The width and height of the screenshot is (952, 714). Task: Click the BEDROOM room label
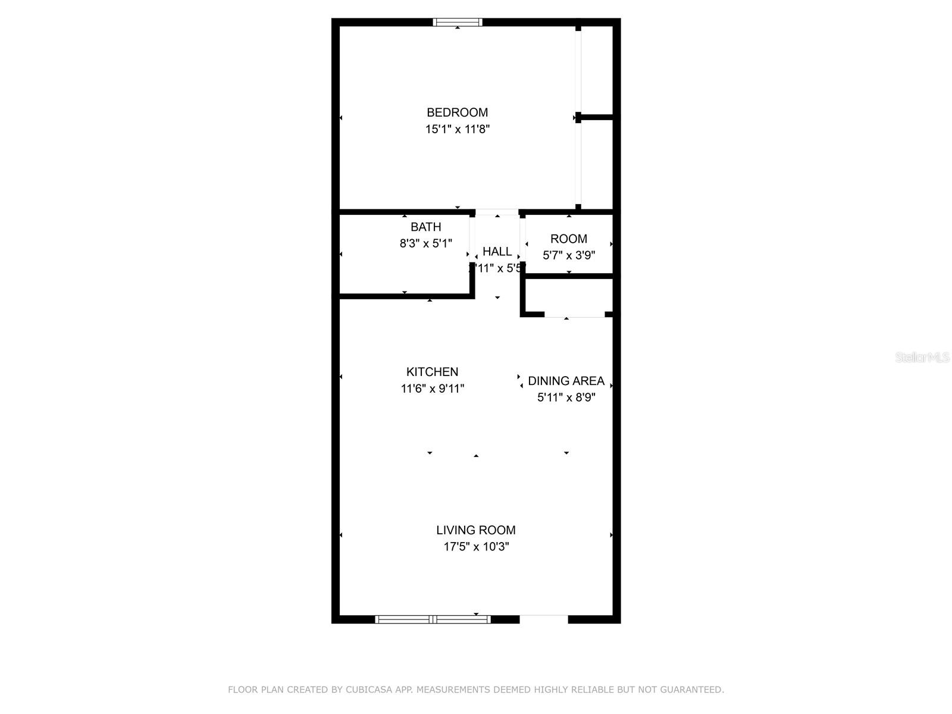pos(457,112)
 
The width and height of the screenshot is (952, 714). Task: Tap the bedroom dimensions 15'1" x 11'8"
pos(457,129)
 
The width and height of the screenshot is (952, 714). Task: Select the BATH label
pos(426,227)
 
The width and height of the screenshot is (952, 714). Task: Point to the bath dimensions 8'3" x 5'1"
pos(426,243)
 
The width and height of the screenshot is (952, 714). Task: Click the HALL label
pos(497,252)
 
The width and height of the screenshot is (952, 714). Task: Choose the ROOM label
pos(569,239)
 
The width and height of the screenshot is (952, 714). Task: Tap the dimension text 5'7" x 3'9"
pos(569,255)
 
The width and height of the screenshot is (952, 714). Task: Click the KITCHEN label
pos(432,372)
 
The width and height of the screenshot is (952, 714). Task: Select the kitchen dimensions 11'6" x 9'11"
pos(432,389)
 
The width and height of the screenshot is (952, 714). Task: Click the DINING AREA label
pos(566,381)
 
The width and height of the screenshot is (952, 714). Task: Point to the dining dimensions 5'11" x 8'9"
pos(566,397)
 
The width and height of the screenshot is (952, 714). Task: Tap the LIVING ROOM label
pos(476,530)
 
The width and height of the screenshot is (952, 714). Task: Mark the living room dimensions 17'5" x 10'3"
pos(476,547)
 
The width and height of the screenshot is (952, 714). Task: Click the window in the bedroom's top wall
pos(457,23)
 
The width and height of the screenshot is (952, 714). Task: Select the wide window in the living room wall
pos(433,619)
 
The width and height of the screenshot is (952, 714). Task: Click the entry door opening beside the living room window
pos(544,619)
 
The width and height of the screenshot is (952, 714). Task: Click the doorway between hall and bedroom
pos(497,212)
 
